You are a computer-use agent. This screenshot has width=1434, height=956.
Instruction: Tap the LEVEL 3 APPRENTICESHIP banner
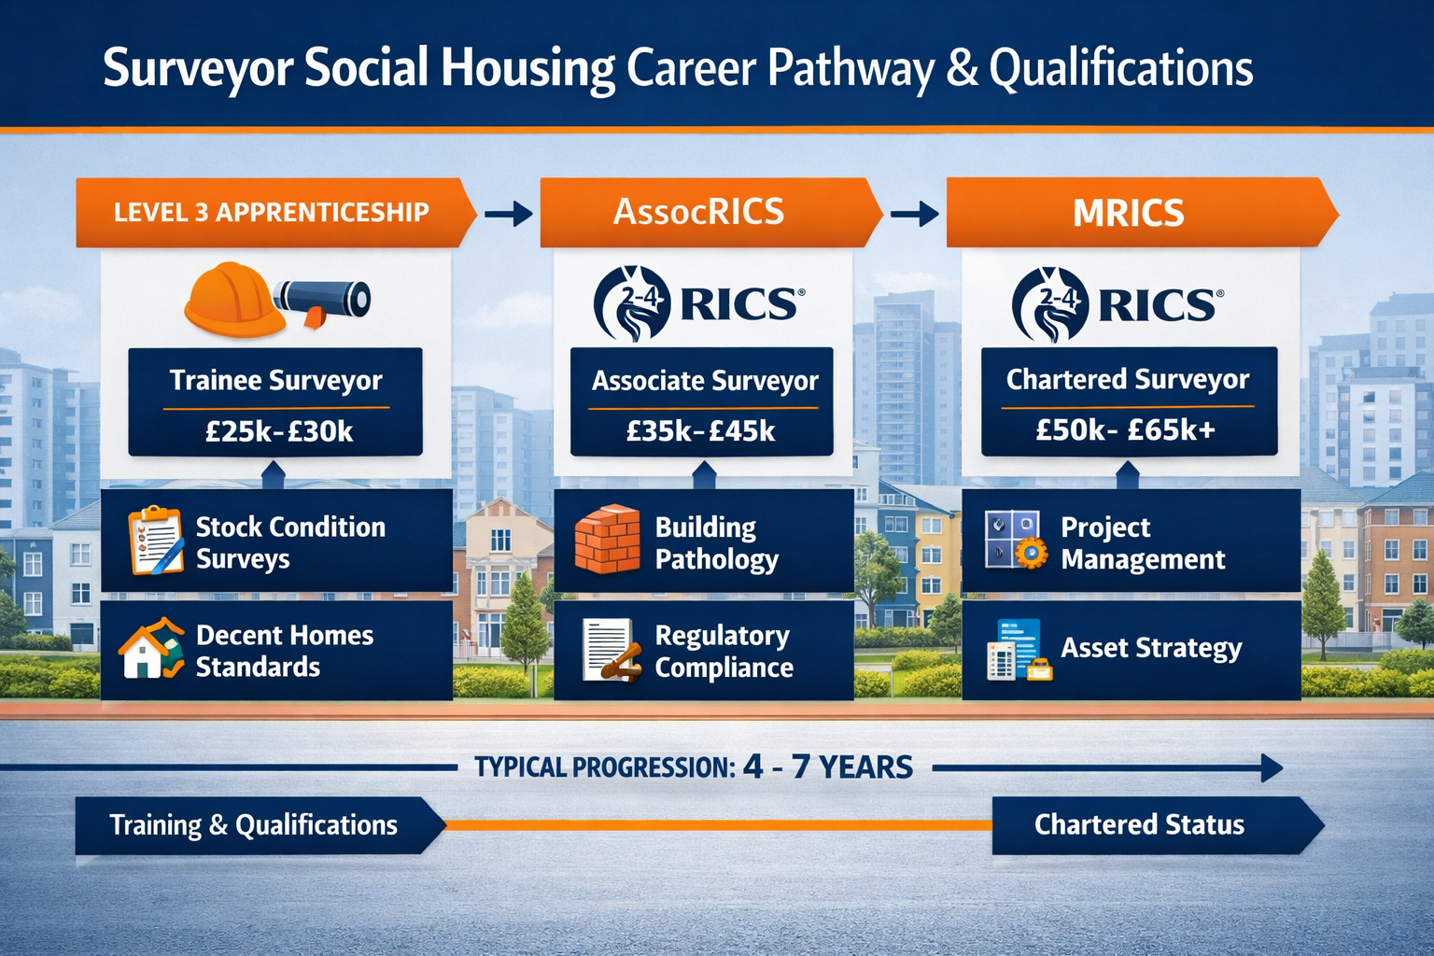pyautogui.click(x=271, y=213)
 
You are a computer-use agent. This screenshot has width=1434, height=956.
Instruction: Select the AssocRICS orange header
pyautogui.click(x=698, y=212)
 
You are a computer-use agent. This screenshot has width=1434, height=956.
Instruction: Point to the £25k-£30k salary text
pyautogui.click(x=279, y=431)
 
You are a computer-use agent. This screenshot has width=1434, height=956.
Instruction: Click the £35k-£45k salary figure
pyautogui.click(x=701, y=430)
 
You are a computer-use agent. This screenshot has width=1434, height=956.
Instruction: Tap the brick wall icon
pyautogui.click(x=607, y=539)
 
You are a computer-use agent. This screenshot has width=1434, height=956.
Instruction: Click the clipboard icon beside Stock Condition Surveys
pyautogui.click(x=155, y=540)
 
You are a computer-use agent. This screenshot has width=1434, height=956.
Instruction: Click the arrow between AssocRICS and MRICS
pyautogui.click(x=915, y=214)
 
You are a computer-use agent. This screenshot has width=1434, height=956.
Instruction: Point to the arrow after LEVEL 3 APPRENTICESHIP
pyautogui.click(x=509, y=214)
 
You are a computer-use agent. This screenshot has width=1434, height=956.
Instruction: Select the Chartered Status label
pyautogui.click(x=1139, y=825)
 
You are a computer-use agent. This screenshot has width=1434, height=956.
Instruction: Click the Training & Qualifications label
pyautogui.click(x=253, y=825)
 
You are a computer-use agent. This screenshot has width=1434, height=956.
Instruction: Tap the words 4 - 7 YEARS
pyautogui.click(x=828, y=767)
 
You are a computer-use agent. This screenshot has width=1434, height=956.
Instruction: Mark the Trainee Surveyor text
pyautogui.click(x=275, y=381)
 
